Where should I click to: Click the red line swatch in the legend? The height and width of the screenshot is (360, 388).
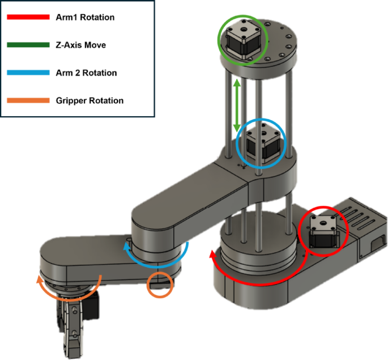(27, 17)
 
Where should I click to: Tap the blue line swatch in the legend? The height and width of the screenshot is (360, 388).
(27, 73)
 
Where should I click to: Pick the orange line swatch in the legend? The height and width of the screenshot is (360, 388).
(27, 101)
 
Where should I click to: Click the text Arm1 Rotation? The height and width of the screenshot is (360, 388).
(85, 17)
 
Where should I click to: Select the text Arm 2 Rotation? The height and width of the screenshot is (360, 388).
(86, 73)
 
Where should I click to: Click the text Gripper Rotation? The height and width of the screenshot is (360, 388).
(89, 101)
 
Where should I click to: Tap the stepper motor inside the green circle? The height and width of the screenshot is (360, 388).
(242, 41)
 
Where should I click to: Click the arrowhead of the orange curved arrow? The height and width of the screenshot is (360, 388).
(39, 279)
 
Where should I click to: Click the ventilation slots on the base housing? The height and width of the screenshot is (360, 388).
(352, 218)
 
